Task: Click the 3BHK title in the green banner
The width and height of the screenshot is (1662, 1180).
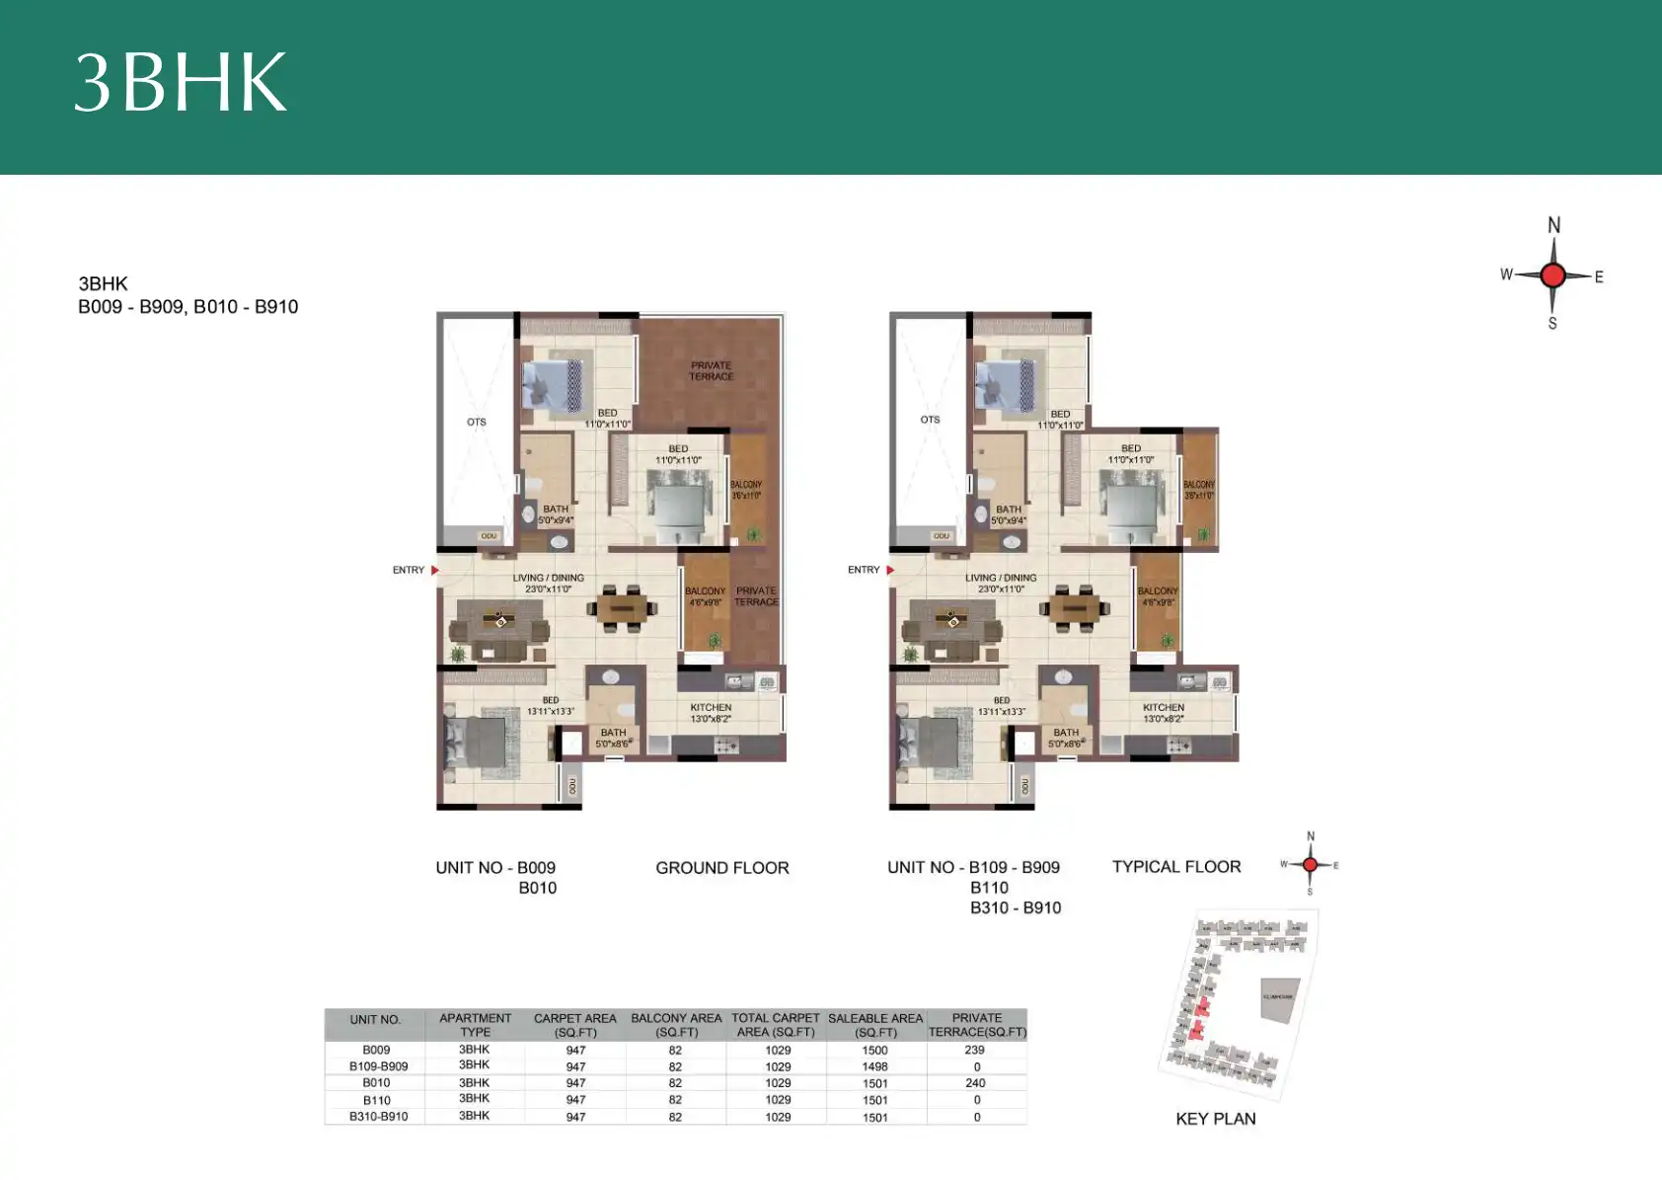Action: [181, 82]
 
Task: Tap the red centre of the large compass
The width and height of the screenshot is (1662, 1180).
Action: [1552, 275]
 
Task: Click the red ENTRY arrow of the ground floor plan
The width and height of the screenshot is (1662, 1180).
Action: [434, 570]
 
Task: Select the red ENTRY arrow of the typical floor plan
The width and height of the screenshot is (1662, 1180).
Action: [889, 570]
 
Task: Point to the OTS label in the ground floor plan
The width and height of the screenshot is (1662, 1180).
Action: [477, 422]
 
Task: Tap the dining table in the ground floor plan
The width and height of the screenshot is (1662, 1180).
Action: [623, 608]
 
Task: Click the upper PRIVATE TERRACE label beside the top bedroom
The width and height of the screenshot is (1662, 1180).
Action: [711, 370]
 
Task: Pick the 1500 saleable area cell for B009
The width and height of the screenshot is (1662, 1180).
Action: [874, 1051]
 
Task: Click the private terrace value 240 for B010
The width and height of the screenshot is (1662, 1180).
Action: [976, 1083]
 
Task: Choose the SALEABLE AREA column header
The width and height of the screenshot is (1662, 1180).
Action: [875, 1025]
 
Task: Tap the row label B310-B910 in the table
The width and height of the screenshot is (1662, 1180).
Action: [378, 1117]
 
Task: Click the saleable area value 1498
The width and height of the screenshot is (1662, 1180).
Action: [874, 1066]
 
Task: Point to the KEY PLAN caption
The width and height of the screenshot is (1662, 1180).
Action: [1215, 1119]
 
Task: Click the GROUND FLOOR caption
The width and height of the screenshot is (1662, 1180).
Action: [721, 868]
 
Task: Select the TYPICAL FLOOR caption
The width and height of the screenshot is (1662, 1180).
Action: [1175, 867]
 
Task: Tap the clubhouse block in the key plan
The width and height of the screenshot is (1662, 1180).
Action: [1277, 999]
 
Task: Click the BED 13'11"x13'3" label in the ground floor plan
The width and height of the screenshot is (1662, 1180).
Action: [550, 706]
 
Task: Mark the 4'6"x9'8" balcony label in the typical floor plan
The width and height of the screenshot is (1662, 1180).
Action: [1158, 596]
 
